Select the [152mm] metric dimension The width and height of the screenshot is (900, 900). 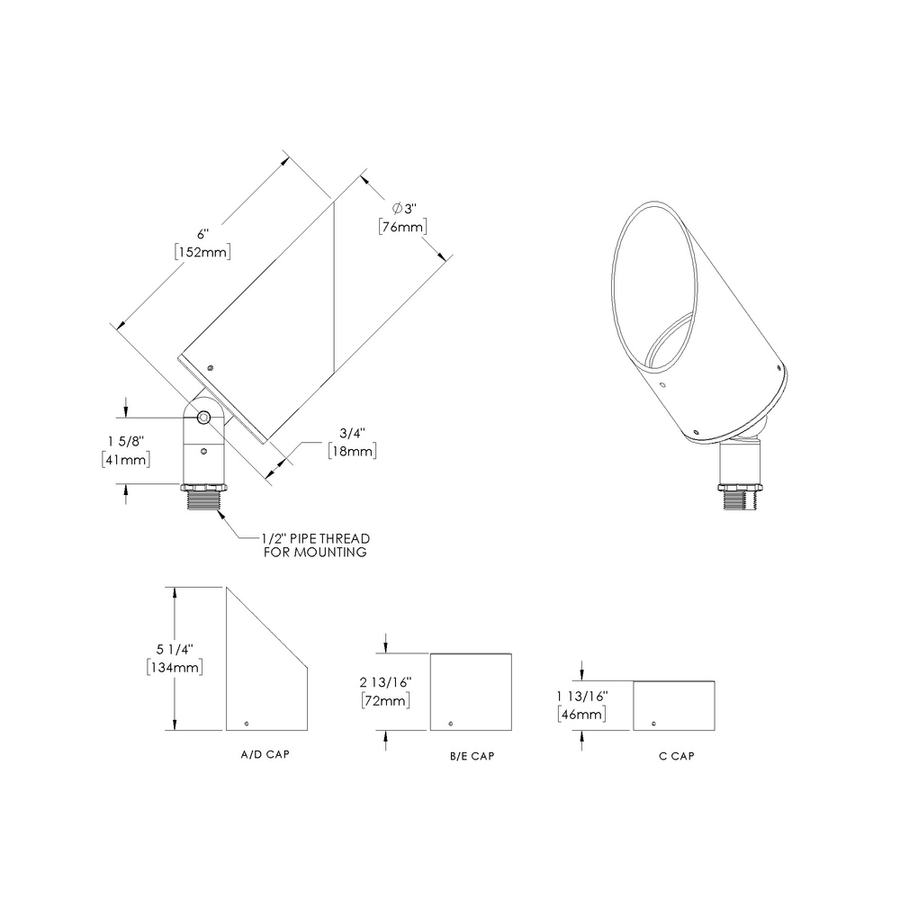(x=203, y=252)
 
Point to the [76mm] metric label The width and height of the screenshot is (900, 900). (x=402, y=227)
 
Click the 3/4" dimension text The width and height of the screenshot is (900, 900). (x=346, y=431)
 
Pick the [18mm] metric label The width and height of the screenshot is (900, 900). (x=351, y=451)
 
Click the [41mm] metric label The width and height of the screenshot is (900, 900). (x=125, y=460)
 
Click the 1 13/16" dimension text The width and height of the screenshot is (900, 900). (x=582, y=695)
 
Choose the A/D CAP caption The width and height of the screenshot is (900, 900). (x=259, y=752)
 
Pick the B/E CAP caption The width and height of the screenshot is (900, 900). (x=472, y=756)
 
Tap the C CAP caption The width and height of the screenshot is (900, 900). (x=675, y=756)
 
